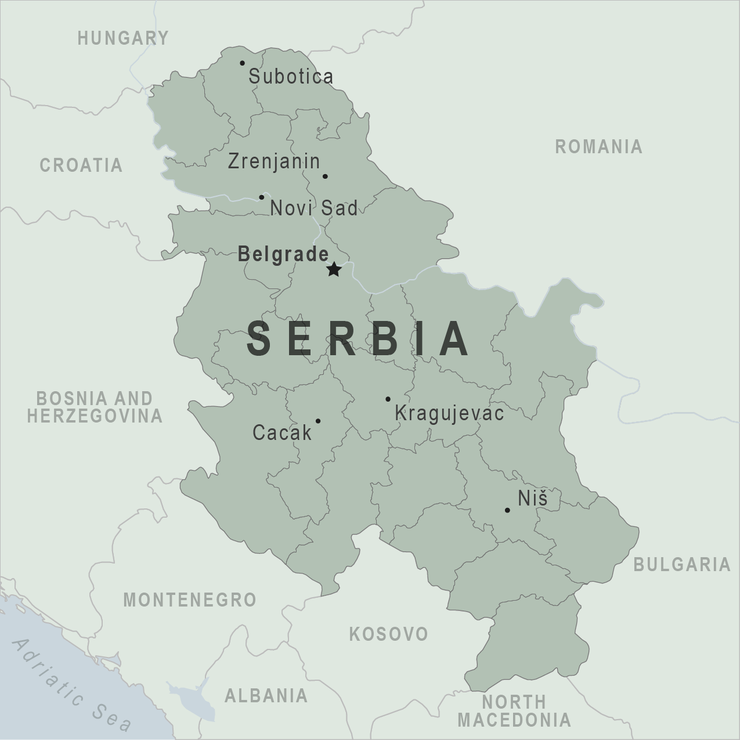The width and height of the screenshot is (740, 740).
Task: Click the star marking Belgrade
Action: coord(333,269)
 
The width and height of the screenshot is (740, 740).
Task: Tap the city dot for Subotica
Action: coord(242,63)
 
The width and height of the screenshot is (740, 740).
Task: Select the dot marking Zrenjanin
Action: coord(325,176)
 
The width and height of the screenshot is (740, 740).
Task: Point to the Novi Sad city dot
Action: coord(261,197)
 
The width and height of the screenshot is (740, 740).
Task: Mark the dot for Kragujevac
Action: coord(388,399)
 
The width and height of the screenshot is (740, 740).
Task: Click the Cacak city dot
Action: coord(318,421)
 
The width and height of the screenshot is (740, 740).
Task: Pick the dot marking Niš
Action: coord(507,511)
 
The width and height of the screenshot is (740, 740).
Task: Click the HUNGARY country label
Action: coord(123,38)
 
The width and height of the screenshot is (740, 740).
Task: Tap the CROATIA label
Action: coord(81,165)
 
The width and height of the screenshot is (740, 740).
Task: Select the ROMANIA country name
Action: coord(599,147)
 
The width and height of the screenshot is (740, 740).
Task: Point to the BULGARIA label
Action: coord(682,564)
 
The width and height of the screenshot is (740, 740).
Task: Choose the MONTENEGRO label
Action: coord(190,600)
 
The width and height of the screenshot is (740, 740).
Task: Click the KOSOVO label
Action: coord(388,634)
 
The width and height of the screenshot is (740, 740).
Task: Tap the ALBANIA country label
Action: coord(266,695)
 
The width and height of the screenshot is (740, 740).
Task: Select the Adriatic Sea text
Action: coord(72,685)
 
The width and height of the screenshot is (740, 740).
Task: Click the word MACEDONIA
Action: coord(514,721)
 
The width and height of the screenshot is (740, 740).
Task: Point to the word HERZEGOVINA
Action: coord(95,416)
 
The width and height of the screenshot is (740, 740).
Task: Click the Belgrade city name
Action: coord(283,254)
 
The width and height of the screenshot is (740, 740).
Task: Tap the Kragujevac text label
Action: coord(449,414)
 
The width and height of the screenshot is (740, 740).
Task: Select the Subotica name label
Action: coord(291,77)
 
